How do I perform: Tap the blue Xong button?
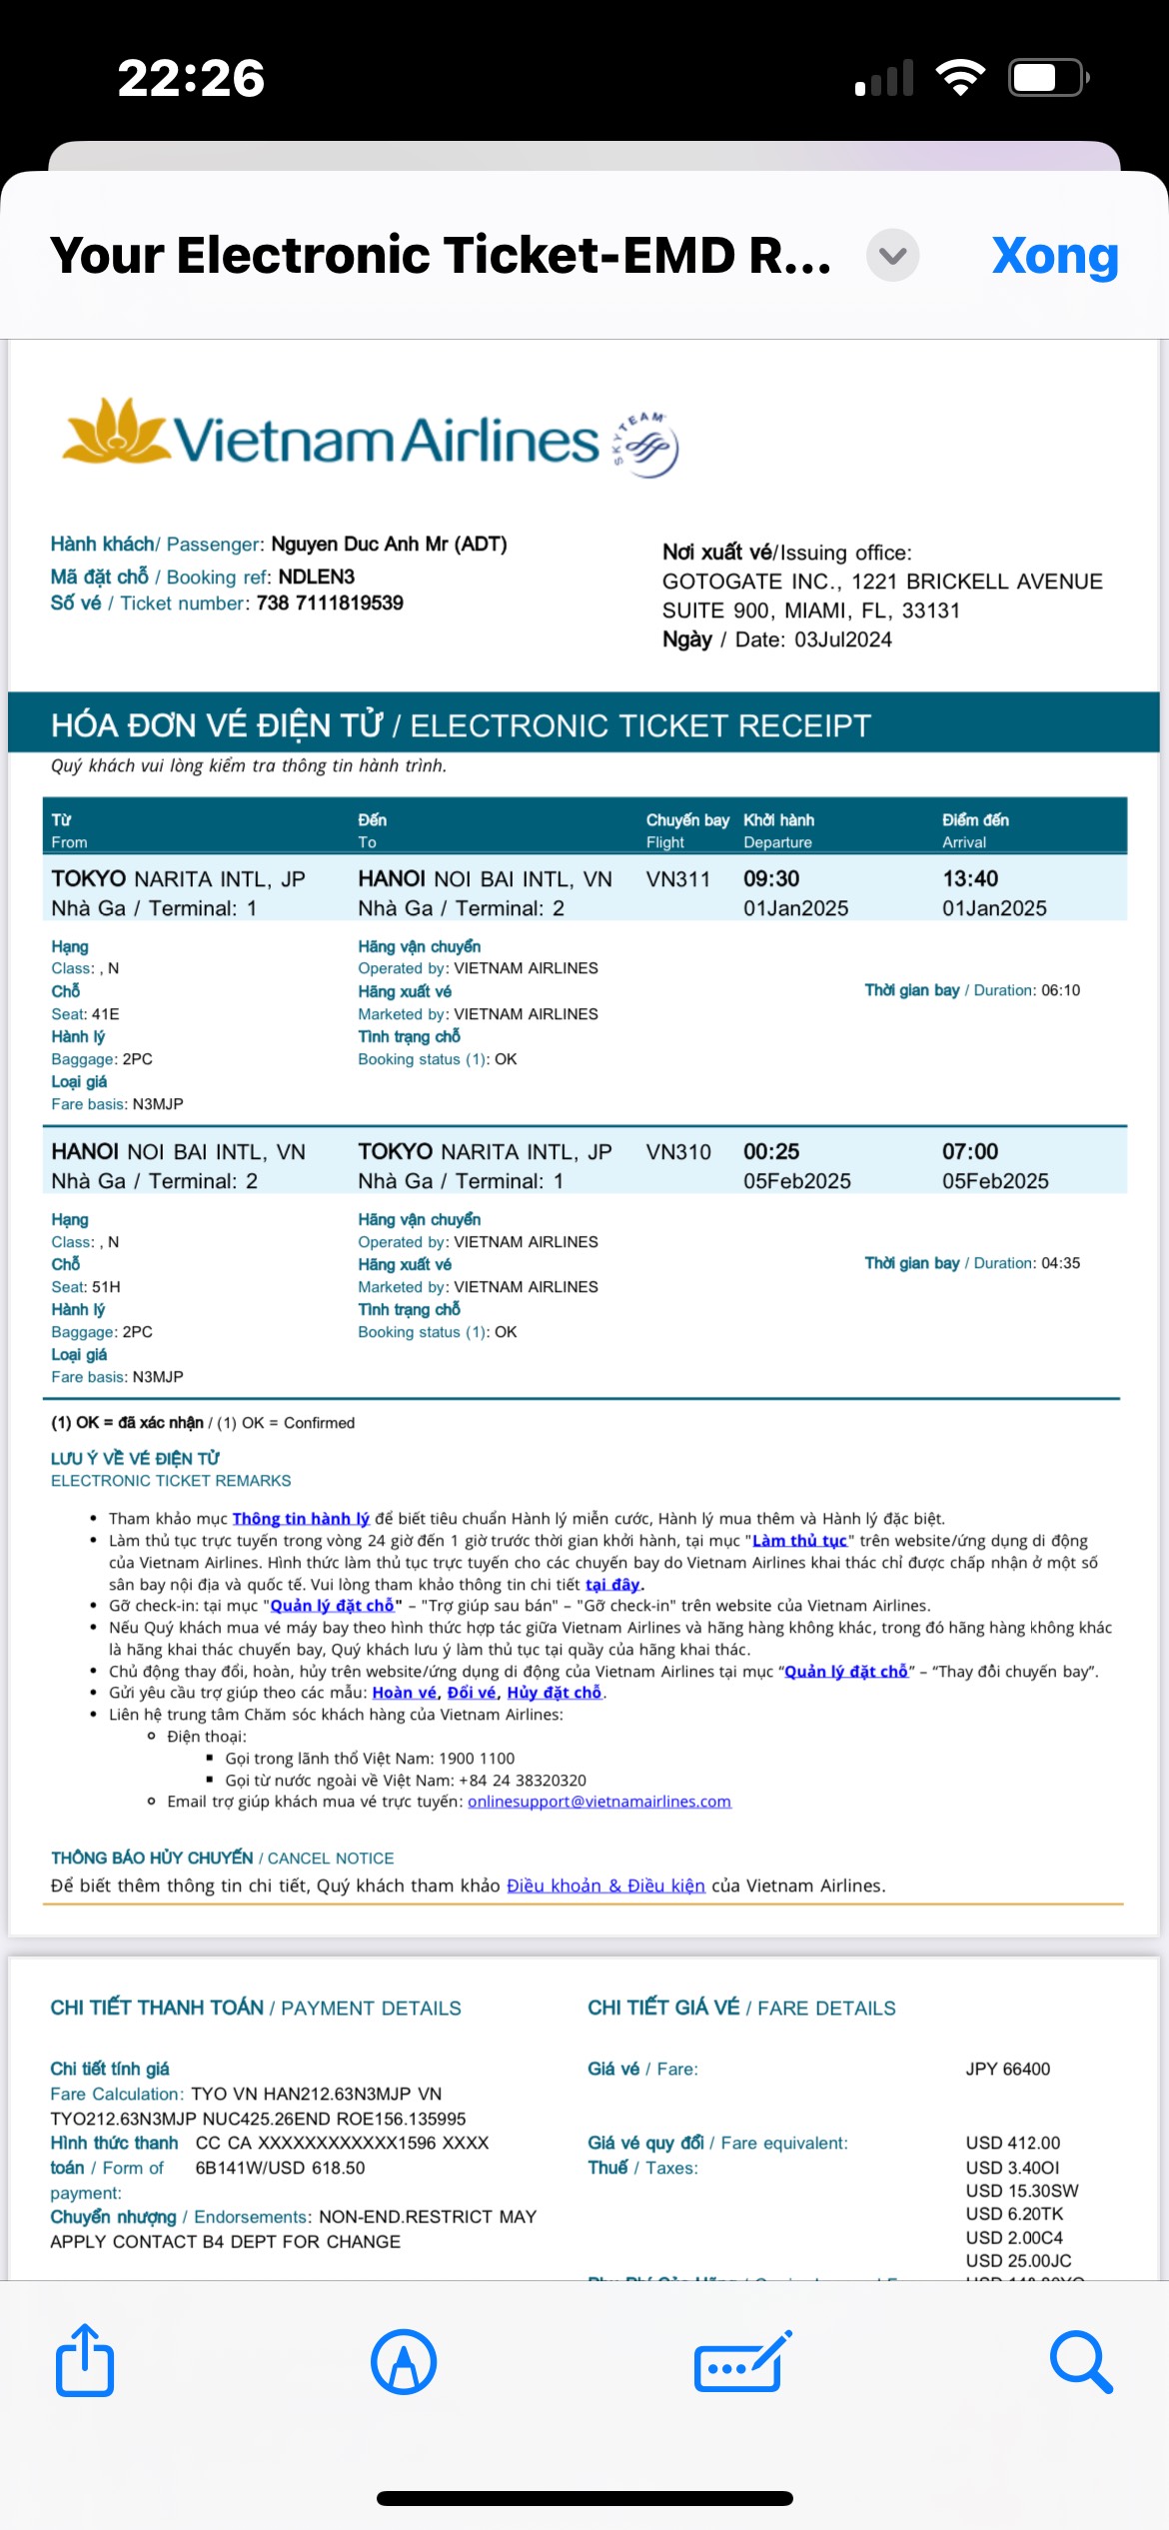[x=1054, y=256]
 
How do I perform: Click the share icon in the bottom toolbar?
[x=85, y=2360]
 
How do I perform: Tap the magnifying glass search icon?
[x=1080, y=2362]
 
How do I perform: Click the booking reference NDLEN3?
[x=316, y=577]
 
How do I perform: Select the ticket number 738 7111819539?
[x=330, y=603]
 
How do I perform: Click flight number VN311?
[x=677, y=879]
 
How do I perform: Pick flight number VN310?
[x=678, y=1152]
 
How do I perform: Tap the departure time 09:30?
[x=771, y=879]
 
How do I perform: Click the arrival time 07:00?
[x=970, y=1152]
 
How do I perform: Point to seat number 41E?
[x=106, y=1014]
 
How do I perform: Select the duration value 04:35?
[x=1060, y=1263]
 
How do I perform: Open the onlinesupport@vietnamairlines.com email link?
[x=599, y=1802]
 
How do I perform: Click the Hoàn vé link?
[x=405, y=1693]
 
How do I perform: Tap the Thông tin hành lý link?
[x=301, y=1519]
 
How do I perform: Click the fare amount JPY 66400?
[x=1007, y=2069]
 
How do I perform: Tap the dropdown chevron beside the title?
[x=892, y=256]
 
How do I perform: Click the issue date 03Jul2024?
[x=842, y=639]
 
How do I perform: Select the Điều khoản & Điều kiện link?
[x=605, y=1886]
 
